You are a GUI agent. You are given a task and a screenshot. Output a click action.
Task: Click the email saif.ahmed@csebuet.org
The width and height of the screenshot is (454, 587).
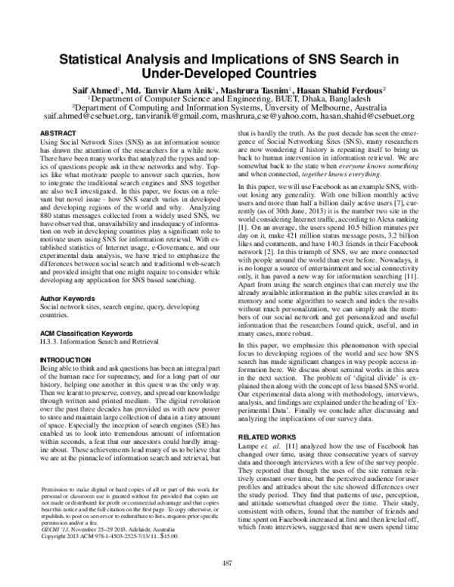[x=70, y=117]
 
